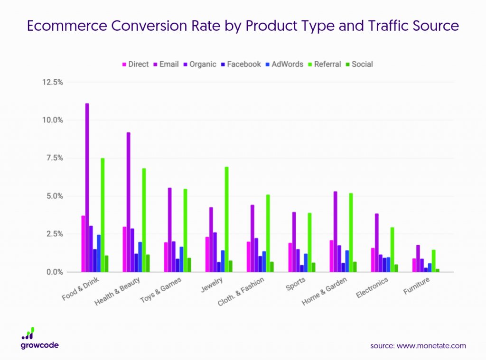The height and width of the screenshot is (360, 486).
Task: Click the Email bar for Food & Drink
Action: [x=87, y=187]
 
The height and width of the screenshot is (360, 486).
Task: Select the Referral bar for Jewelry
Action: [x=226, y=219]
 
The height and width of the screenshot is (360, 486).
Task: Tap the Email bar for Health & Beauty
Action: [x=128, y=202]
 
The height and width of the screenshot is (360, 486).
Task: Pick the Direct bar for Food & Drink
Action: [x=83, y=244]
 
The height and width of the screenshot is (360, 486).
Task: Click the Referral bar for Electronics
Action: [x=392, y=249]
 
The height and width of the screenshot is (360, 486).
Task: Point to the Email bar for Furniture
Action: [x=418, y=258]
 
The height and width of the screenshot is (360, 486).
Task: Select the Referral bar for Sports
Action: [x=309, y=242]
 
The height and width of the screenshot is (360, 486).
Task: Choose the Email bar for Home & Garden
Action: [x=336, y=232]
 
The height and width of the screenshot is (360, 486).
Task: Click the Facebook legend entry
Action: [x=241, y=64]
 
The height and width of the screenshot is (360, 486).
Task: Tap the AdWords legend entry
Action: [x=284, y=64]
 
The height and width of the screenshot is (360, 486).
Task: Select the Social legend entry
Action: [x=359, y=64]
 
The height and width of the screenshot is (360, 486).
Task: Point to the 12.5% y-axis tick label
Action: [x=52, y=82]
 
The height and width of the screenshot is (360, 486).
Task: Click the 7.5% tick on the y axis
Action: [x=55, y=158]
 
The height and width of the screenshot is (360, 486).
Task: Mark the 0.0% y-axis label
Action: [x=55, y=272]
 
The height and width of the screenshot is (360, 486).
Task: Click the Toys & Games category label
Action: [x=160, y=290]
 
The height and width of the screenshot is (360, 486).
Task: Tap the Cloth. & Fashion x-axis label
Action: [x=241, y=291]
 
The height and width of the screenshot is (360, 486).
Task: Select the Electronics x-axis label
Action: [x=372, y=287]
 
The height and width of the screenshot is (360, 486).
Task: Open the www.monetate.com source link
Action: [x=431, y=346]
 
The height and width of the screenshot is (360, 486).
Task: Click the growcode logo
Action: [x=39, y=338]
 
